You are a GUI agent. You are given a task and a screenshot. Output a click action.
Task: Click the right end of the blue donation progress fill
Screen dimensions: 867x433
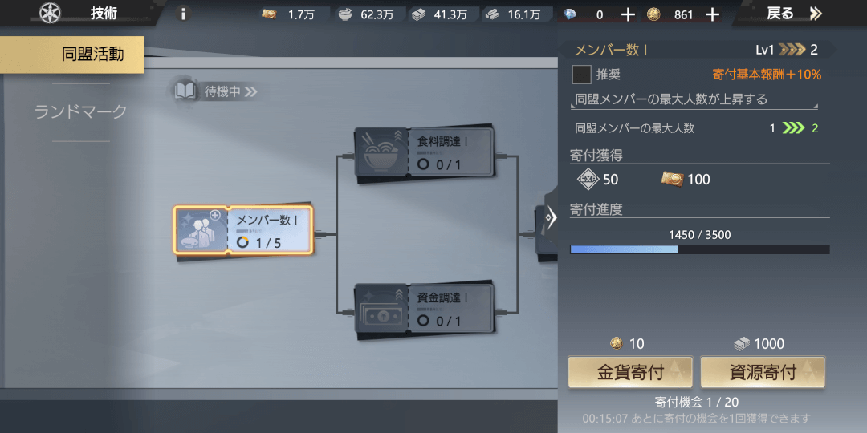coord(678,249)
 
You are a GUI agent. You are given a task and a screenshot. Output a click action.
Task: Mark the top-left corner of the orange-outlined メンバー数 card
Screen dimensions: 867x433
coord(175,207)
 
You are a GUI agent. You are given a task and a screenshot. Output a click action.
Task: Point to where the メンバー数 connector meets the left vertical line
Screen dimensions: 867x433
coord(336,235)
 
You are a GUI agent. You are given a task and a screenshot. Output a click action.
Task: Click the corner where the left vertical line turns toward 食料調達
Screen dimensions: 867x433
coord(336,156)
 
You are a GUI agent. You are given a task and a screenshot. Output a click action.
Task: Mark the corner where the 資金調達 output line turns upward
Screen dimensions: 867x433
coord(518,314)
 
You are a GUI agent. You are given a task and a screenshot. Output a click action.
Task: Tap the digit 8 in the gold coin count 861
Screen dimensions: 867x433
coord(678,15)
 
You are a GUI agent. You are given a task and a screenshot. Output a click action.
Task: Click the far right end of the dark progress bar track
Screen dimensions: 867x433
coord(829,249)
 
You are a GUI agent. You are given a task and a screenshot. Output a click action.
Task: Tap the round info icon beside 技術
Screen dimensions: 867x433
coord(184,14)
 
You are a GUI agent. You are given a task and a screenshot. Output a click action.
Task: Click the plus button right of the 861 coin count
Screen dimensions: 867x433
coord(713,15)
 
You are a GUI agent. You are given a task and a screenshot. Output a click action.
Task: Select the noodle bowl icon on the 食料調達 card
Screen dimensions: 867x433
coord(381,152)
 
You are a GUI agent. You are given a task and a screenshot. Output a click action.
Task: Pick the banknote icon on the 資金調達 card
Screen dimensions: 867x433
coord(381,314)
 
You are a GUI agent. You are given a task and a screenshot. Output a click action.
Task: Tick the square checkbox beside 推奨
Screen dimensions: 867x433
coord(581,74)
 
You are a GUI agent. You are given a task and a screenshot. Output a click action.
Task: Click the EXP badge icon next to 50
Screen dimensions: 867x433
coord(588,179)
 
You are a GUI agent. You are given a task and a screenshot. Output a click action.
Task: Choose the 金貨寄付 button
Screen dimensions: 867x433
coord(630,372)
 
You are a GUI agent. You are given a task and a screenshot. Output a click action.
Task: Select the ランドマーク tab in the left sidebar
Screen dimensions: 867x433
coord(81,112)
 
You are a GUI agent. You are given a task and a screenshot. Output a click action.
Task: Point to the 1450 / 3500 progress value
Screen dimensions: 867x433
coord(699,235)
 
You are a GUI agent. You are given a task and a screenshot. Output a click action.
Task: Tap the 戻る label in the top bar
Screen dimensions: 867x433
coord(780,14)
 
